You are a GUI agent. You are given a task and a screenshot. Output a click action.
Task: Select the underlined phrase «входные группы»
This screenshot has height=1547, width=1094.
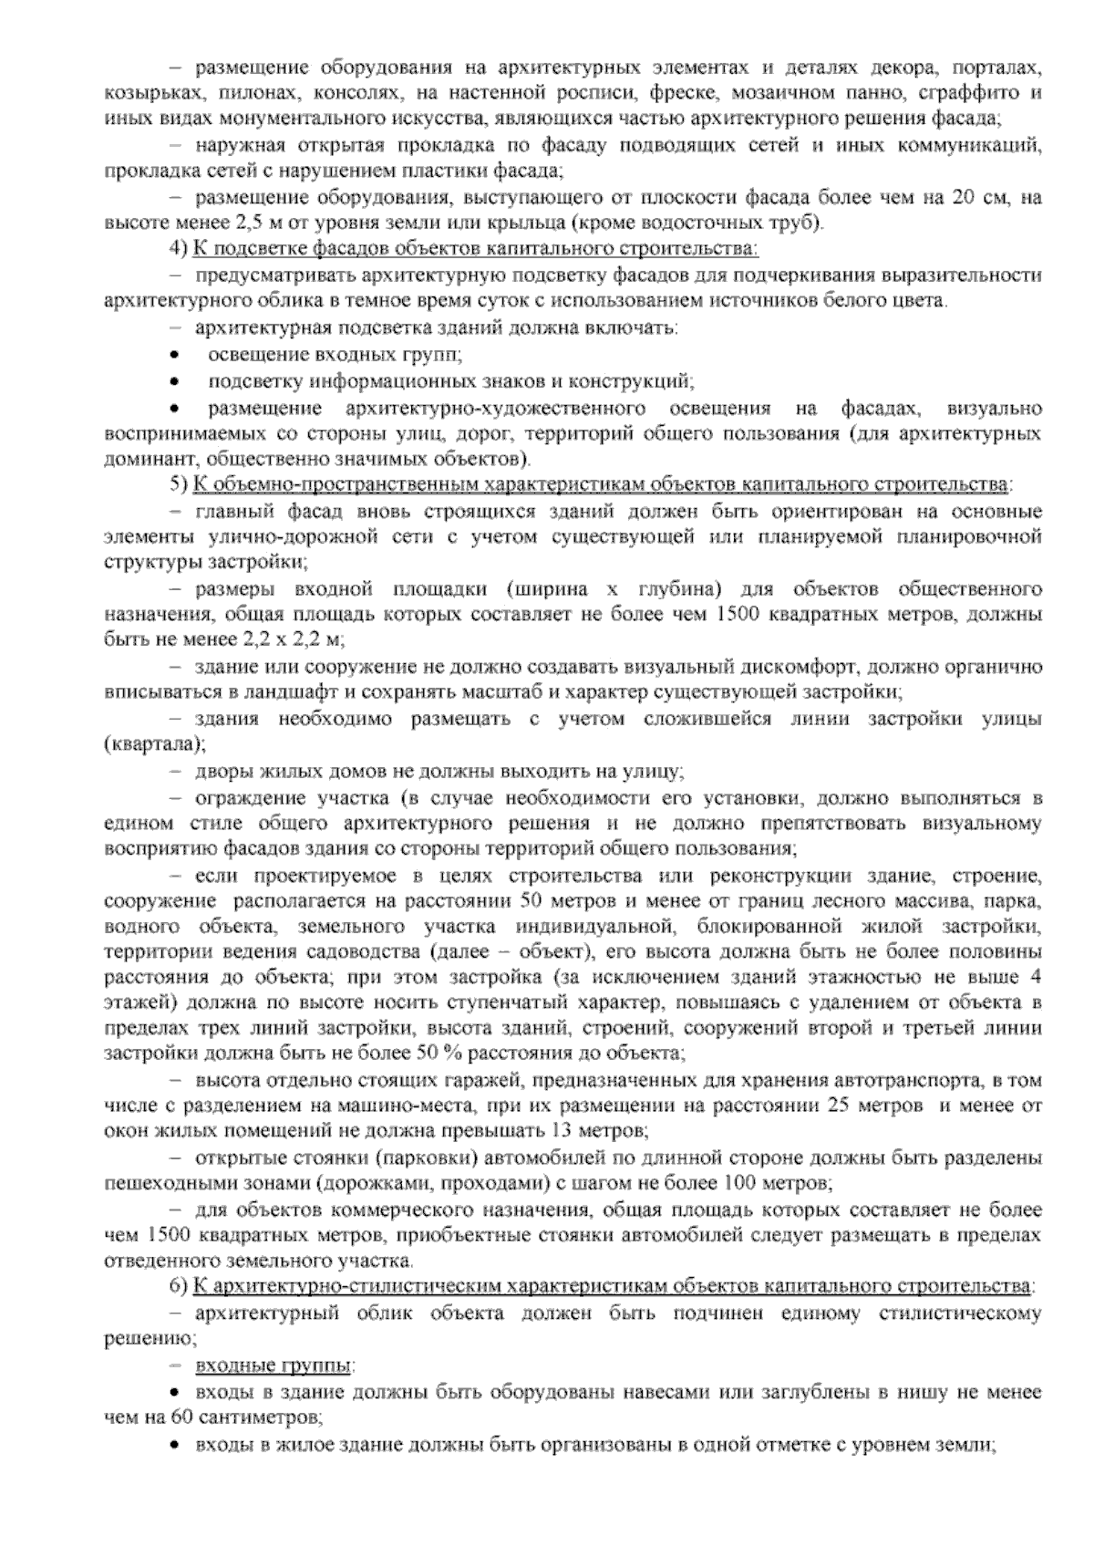click(x=273, y=1366)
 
